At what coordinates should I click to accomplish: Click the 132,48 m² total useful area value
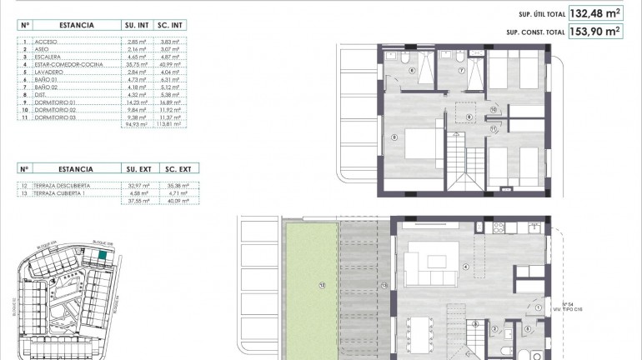click(596, 13)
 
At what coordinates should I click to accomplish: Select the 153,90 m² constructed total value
click(596, 32)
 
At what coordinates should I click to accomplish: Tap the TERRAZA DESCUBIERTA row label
click(62, 185)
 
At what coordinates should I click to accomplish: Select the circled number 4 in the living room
click(465, 267)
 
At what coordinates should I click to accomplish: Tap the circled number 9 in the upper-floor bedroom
click(394, 138)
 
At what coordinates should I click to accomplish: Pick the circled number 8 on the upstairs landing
click(470, 117)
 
